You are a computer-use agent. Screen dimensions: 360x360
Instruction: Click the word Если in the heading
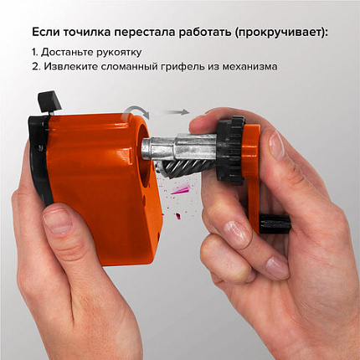coord(45,32)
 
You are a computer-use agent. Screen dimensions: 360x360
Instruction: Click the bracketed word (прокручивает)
coord(285,32)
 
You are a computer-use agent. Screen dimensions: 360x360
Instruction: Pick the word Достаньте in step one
coord(71,51)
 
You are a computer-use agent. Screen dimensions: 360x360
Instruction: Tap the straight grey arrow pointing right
coord(175,111)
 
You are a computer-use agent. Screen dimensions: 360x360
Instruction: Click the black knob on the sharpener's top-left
coord(51,102)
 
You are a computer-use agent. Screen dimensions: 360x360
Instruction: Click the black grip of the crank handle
coord(274,224)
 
